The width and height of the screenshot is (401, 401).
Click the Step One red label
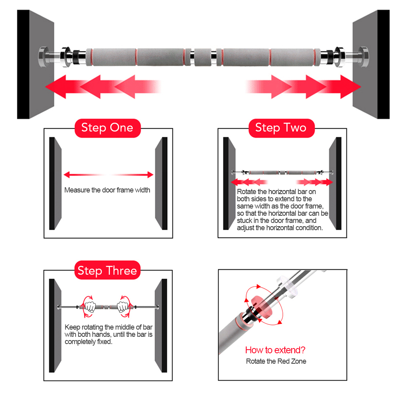(107, 128)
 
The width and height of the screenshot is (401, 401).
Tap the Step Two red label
(281, 128)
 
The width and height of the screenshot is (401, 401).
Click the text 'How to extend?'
(275, 350)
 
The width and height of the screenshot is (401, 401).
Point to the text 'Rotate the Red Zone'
(276, 361)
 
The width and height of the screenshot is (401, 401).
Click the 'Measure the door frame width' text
(107, 190)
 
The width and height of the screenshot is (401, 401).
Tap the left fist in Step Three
(90, 307)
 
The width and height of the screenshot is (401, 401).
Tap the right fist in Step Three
(123, 307)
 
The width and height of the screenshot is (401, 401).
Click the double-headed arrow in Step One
(108, 175)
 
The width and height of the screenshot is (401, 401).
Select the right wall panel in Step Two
(334, 184)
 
